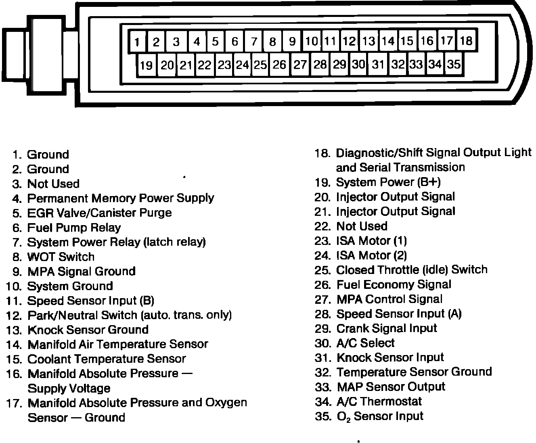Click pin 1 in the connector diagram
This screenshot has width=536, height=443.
[x=137, y=42]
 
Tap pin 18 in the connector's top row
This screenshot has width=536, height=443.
[x=466, y=41]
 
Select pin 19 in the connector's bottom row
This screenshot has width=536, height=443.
[x=146, y=65]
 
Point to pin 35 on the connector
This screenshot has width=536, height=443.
[x=454, y=64]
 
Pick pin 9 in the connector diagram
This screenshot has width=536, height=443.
[x=292, y=41]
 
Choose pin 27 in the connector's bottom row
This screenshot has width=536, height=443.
[x=300, y=65]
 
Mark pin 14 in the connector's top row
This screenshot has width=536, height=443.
[x=388, y=41]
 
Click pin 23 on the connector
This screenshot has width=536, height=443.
[x=224, y=65]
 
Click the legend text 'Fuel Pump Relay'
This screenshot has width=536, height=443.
[x=74, y=228]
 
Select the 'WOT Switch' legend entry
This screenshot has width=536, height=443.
[x=61, y=257]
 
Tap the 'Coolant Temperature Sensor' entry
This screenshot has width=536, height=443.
[x=107, y=359]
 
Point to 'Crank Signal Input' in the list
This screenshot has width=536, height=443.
[x=387, y=328]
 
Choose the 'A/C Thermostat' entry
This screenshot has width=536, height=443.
[x=379, y=401]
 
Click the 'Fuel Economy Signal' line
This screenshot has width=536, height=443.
[x=394, y=284]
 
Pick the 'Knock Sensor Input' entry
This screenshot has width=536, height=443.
[x=390, y=357]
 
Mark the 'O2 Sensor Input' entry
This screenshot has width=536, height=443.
[x=380, y=416]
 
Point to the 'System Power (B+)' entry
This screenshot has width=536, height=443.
[x=388, y=182]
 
